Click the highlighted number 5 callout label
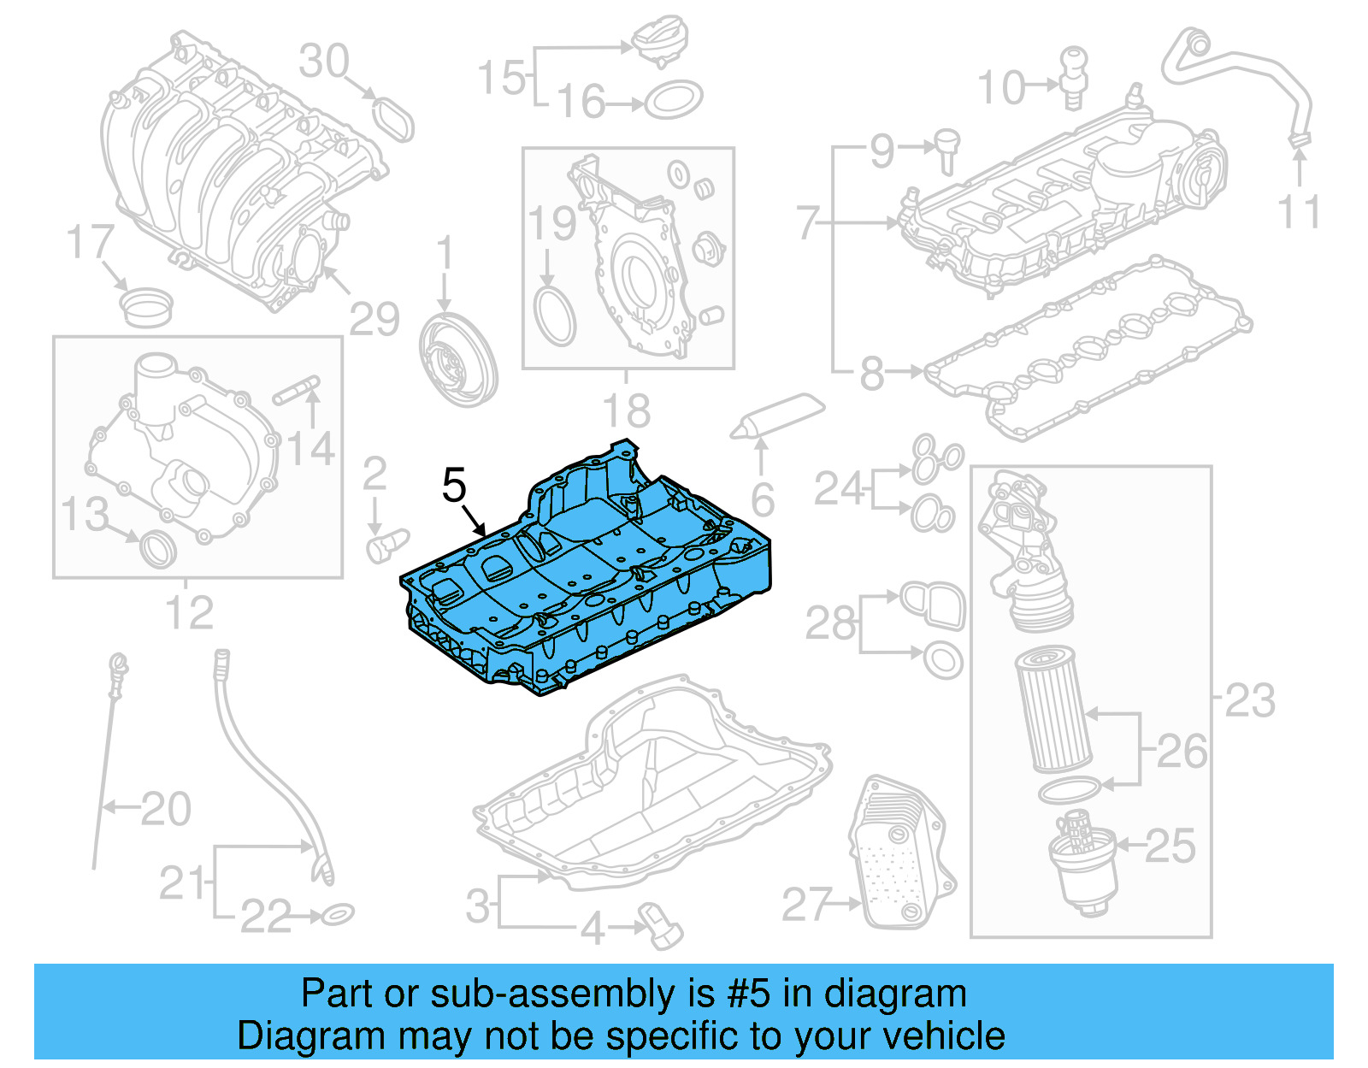click(x=454, y=486)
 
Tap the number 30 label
click(x=324, y=62)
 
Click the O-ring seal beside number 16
click(x=674, y=101)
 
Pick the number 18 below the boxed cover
click(x=627, y=411)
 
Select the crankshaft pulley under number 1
click(x=458, y=359)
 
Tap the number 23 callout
click(x=1249, y=700)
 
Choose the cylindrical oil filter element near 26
click(x=1053, y=709)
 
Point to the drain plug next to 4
click(x=659, y=925)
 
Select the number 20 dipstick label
click(x=166, y=808)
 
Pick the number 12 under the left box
click(x=189, y=612)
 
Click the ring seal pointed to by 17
click(x=147, y=307)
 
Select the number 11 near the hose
click(x=1299, y=211)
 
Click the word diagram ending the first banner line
click(x=895, y=994)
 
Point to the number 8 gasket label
click(x=871, y=373)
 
